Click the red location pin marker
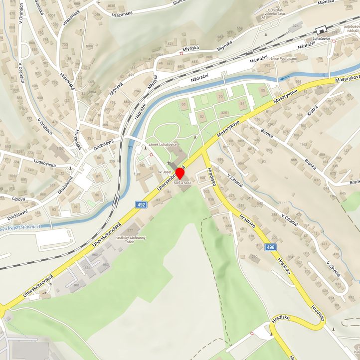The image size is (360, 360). (x=180, y=175)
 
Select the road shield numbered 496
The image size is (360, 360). (x=270, y=248)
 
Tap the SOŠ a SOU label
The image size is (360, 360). (x=182, y=183)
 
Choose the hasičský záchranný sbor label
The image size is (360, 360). (x=130, y=240)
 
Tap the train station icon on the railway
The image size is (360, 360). (x=320, y=29)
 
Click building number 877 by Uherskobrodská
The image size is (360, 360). (x=131, y=230)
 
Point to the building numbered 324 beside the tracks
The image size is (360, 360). (x=296, y=25)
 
